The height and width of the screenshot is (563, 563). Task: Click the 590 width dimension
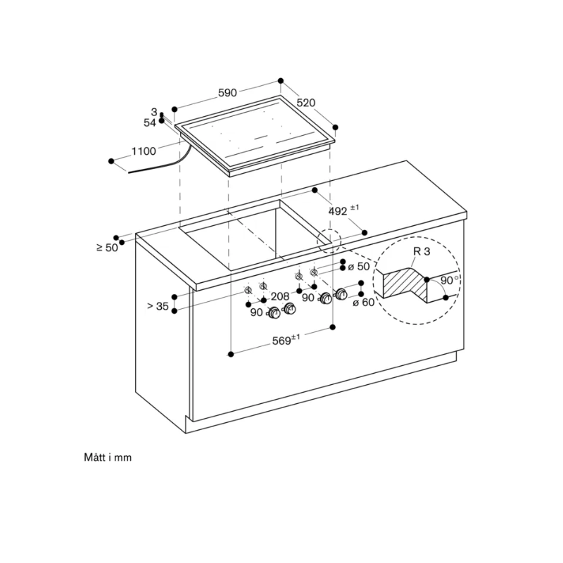(x=227, y=92)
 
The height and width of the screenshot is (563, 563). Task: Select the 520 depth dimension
(x=305, y=103)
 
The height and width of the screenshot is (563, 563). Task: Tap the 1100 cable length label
(x=144, y=151)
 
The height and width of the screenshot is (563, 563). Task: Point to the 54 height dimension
(x=149, y=122)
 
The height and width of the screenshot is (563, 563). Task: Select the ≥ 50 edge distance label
(x=107, y=247)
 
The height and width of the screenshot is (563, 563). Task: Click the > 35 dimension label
(x=158, y=306)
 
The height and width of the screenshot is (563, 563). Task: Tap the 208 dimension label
(x=280, y=297)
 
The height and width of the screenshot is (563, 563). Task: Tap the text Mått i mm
(x=107, y=457)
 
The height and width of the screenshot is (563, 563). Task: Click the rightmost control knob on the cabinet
(x=343, y=293)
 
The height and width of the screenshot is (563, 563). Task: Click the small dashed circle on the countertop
(x=327, y=239)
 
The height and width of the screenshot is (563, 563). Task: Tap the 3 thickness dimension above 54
(x=153, y=112)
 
